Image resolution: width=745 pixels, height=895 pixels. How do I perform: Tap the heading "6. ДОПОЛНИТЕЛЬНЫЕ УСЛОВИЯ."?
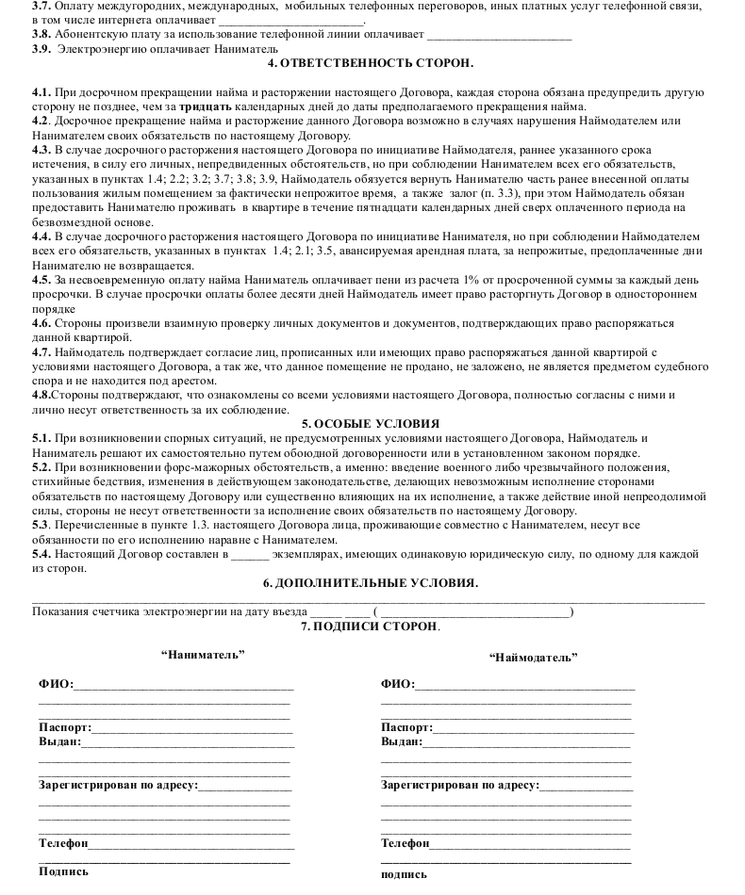click(371, 582)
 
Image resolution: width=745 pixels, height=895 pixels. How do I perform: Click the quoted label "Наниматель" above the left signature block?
click(203, 654)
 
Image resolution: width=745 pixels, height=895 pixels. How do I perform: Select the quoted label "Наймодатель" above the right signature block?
click(534, 658)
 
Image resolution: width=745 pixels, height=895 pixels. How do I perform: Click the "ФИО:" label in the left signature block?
click(56, 684)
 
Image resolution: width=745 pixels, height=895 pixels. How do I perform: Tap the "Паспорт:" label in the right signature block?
click(406, 727)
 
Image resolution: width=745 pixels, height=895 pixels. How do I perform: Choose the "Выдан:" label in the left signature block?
click(59, 741)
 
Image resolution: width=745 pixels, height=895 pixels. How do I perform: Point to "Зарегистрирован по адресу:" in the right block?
click(459, 784)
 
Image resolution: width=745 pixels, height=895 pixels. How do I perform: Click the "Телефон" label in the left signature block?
click(63, 842)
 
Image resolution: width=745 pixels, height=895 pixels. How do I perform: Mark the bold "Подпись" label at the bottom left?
click(63, 871)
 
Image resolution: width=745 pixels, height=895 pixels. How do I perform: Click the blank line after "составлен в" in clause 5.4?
click(249, 555)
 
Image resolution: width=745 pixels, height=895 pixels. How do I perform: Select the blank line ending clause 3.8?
click(499, 36)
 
